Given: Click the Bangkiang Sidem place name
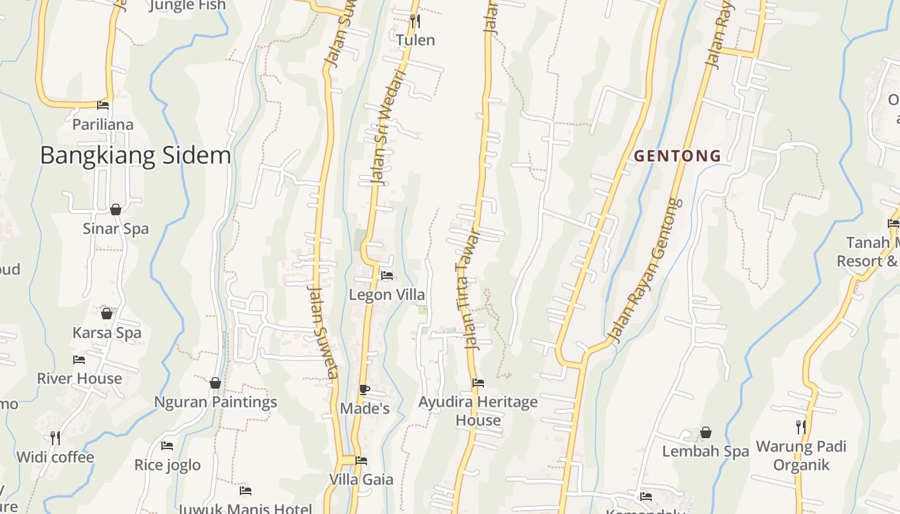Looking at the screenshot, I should (x=135, y=155).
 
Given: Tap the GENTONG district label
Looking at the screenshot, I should (x=678, y=155).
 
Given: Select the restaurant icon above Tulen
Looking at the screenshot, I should (x=415, y=21).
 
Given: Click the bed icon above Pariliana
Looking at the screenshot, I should (x=102, y=105).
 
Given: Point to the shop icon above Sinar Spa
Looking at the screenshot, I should (x=116, y=209).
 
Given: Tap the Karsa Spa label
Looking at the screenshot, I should (x=107, y=333).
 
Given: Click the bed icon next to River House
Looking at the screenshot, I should (x=79, y=360).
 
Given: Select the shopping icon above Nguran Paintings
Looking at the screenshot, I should (x=215, y=383).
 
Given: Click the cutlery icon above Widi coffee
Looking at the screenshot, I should (x=55, y=438).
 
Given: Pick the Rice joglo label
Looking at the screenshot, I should (x=167, y=465).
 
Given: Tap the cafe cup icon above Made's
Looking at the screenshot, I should (x=364, y=389).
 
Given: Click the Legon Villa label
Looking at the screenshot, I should (x=386, y=295).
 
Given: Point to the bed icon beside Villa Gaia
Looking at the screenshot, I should (x=361, y=461).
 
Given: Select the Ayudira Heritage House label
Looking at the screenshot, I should (x=478, y=411).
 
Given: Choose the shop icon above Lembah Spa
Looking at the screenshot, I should (x=705, y=432).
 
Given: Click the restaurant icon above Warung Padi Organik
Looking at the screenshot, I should (x=800, y=427).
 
